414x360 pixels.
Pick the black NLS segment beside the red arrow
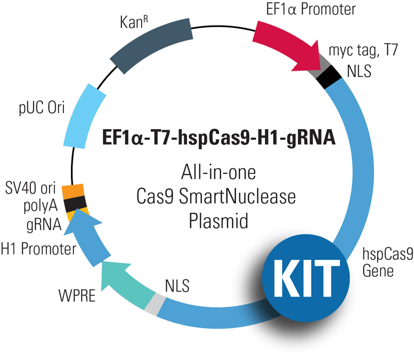[329, 76]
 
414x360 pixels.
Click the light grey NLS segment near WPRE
[155, 304]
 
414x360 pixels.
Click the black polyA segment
[76, 204]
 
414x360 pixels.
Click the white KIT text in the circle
[306, 278]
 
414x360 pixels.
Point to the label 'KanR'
[134, 22]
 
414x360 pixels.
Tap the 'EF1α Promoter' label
[311, 9]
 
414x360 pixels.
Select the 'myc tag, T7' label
[363, 50]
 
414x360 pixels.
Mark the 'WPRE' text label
[77, 295]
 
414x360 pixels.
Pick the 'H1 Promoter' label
[38, 249]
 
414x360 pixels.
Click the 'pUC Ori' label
[42, 108]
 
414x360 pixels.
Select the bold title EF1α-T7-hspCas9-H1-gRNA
[218, 137]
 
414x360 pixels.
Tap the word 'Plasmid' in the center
[218, 221]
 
